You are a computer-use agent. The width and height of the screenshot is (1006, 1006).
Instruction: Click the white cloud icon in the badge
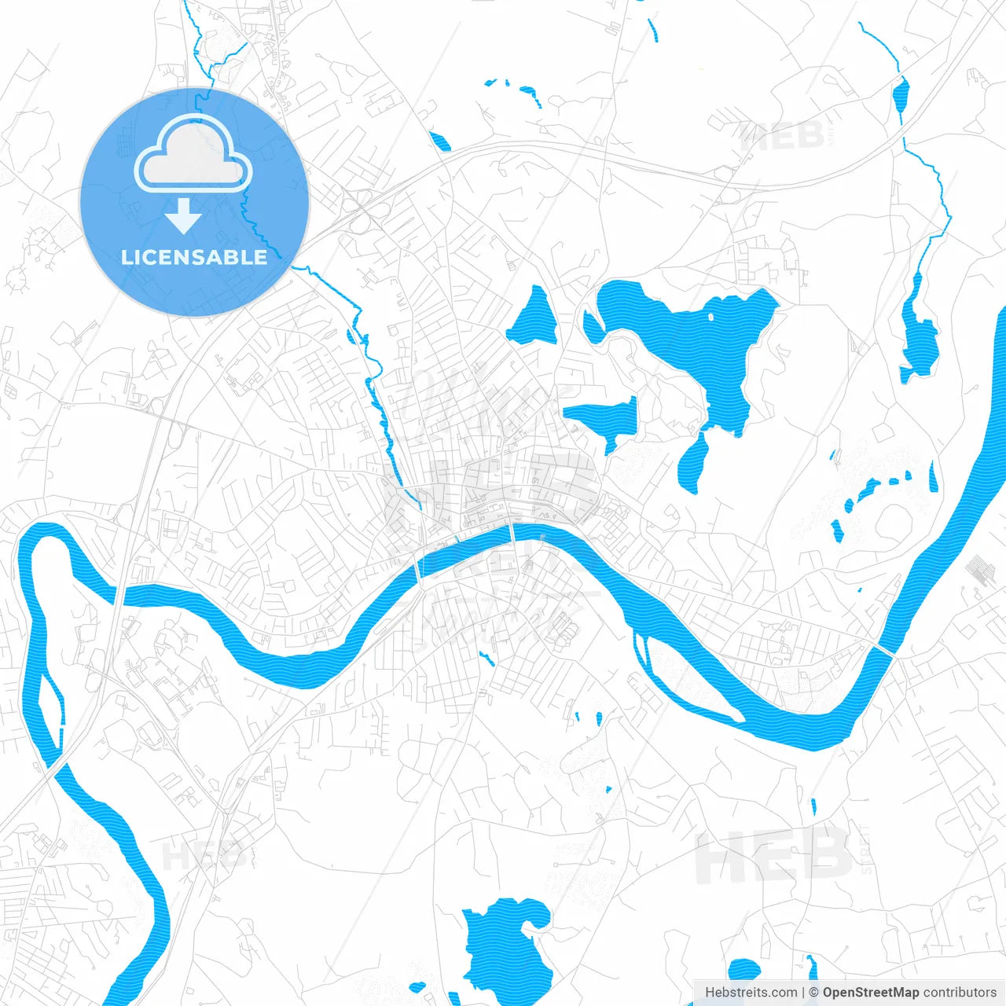[x=193, y=155]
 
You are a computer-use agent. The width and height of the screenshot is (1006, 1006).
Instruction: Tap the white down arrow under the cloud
[x=184, y=217]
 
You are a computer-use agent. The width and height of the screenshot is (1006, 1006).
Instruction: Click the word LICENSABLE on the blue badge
[x=194, y=257]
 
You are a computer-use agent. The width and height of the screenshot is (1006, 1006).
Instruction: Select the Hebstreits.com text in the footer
[x=751, y=993]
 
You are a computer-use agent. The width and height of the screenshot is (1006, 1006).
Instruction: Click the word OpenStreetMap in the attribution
[x=871, y=993]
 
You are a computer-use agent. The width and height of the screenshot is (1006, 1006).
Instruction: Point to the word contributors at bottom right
[x=960, y=993]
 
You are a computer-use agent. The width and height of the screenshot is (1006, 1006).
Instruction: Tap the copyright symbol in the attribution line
[x=814, y=993]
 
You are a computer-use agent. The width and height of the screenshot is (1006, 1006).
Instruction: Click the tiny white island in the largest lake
[x=710, y=318]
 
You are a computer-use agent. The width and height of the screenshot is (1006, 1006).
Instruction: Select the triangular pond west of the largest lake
[x=534, y=318]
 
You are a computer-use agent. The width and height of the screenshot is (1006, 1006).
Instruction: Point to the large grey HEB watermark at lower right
[x=774, y=857]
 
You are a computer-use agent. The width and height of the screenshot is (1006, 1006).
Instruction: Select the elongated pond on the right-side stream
[x=919, y=338]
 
